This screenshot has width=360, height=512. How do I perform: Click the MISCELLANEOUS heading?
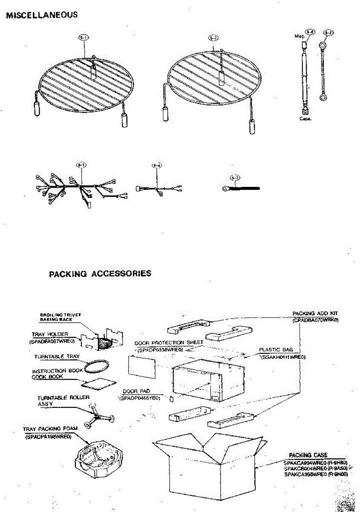click(41, 15)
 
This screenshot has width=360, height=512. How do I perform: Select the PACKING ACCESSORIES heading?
click(100, 273)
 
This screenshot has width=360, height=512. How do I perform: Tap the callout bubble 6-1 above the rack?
click(84, 38)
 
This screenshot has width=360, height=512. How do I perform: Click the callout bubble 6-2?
click(214, 38)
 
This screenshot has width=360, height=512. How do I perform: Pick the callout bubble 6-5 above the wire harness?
click(80, 165)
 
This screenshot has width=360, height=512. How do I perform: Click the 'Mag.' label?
click(299, 37)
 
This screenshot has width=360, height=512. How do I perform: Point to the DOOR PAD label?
click(133, 391)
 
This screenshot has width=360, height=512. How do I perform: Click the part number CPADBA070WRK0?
click(316, 320)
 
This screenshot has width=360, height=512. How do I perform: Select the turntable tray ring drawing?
click(96, 365)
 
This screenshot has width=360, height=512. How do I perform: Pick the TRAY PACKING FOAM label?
click(47, 429)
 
